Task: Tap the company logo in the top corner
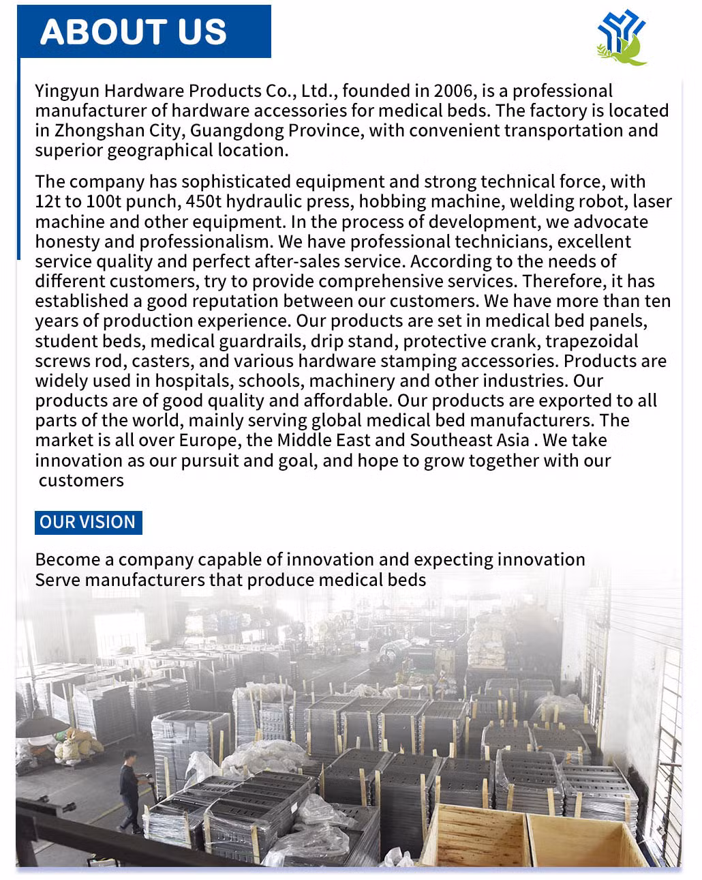coord(621,38)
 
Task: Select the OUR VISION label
coord(88,523)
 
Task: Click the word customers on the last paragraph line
coord(81,480)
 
